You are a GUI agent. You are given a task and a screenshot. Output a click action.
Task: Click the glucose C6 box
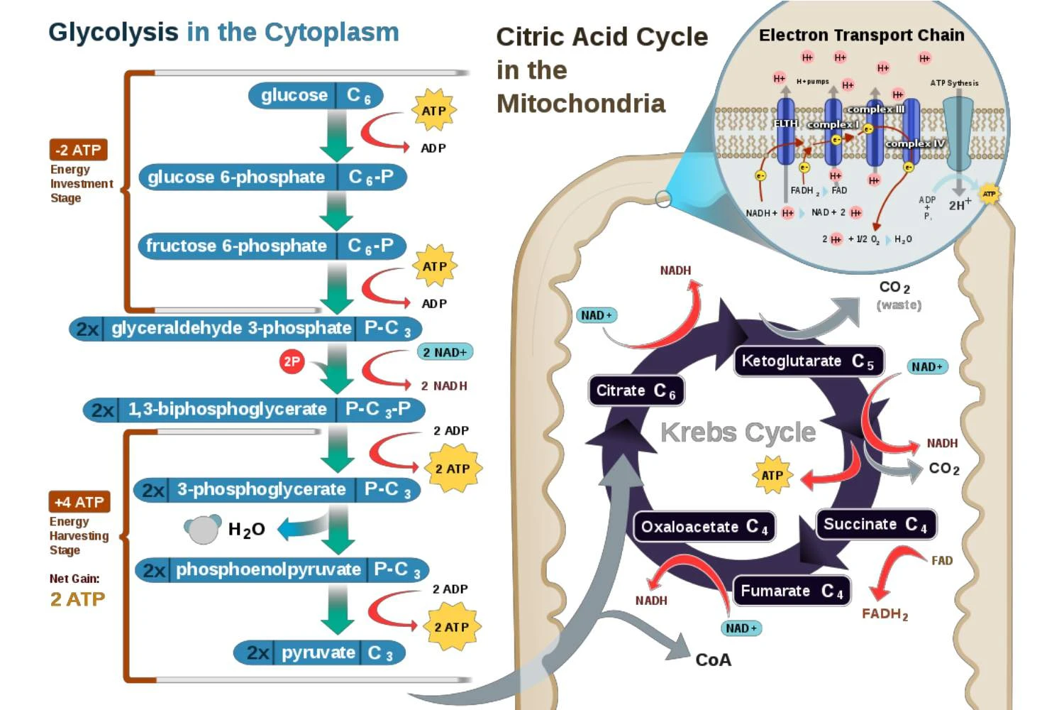[x=316, y=95]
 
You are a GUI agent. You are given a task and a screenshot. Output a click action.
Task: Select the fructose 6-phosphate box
[x=272, y=246]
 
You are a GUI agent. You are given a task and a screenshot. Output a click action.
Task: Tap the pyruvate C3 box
[x=319, y=652]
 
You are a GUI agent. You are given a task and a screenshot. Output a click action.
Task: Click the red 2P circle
[x=292, y=362]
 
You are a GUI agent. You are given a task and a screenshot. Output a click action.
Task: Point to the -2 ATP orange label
[x=78, y=150]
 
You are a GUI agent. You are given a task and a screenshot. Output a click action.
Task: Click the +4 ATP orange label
[x=79, y=502]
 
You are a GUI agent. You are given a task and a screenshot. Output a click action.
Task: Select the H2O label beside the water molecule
[x=246, y=530]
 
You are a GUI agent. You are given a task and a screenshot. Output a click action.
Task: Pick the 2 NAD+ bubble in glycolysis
[x=445, y=352]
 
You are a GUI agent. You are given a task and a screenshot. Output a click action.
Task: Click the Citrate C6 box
[x=636, y=390]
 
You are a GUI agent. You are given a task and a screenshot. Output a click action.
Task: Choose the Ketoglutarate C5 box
[x=808, y=361]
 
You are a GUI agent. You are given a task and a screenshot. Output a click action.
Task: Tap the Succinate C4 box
[x=875, y=525]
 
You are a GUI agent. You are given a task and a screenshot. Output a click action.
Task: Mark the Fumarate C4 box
[x=791, y=591]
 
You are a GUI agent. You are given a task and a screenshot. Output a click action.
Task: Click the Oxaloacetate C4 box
[x=704, y=527]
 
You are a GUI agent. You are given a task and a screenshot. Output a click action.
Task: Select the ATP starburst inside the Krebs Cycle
[x=772, y=475]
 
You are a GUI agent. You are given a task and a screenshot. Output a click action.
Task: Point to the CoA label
[x=713, y=660]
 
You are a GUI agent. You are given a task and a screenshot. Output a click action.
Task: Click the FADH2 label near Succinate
[x=885, y=614]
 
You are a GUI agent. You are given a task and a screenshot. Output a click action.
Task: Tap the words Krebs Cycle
[x=738, y=432]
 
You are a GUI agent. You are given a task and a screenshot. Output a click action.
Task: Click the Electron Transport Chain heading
[x=861, y=35]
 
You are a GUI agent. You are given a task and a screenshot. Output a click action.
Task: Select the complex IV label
[x=915, y=143]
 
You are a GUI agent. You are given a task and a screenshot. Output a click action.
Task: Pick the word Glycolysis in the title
[x=113, y=32]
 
